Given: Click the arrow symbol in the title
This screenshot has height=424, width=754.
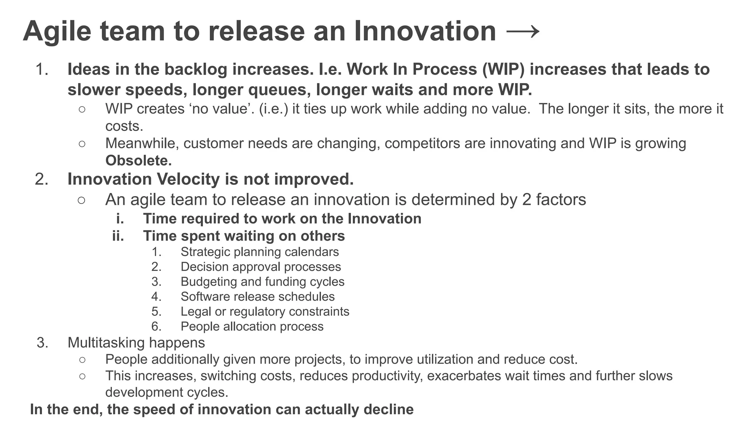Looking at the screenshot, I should (x=523, y=32).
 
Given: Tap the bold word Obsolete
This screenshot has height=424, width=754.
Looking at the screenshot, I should (x=138, y=160).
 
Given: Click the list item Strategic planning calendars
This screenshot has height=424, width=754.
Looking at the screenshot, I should (x=260, y=252).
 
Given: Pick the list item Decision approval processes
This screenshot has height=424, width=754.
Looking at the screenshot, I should (x=261, y=266).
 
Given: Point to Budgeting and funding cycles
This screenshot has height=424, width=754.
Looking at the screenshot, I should (x=262, y=282).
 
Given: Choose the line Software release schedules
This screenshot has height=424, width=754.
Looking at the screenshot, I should (x=257, y=297).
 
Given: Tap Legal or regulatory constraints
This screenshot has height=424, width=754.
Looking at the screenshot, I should (x=265, y=311).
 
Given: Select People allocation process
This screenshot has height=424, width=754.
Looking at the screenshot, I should (x=252, y=326).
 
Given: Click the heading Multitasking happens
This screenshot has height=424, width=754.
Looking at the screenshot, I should (x=136, y=343).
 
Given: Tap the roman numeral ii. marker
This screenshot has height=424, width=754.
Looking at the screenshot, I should (x=118, y=236).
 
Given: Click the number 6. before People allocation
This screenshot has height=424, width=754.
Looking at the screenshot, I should (x=156, y=326).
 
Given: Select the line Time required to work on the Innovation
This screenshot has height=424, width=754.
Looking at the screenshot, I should (x=282, y=219).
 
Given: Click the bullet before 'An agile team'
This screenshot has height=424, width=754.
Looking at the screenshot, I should (x=82, y=200).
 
